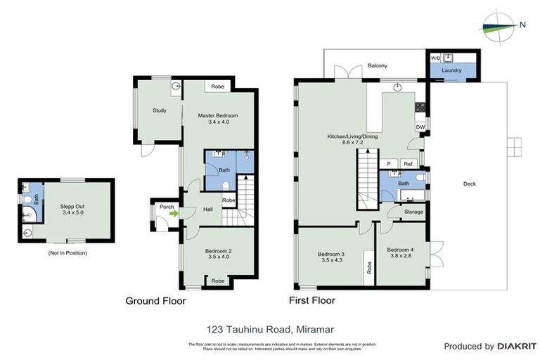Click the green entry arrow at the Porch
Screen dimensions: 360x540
(171, 214)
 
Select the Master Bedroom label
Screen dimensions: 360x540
(218, 115)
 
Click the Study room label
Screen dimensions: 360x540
(160, 110)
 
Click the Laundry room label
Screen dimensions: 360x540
(451, 71)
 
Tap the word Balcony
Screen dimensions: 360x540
(378, 66)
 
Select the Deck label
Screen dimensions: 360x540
(469, 184)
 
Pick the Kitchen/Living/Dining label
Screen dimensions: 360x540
(353, 136)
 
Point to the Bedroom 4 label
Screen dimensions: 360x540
(400, 250)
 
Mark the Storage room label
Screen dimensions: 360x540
(414, 211)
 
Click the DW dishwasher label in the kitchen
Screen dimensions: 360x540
(420, 127)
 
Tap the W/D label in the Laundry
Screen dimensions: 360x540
(435, 58)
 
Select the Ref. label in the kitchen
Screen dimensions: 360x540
(409, 164)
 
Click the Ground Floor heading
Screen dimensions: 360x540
(155, 301)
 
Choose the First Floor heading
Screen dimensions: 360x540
(312, 300)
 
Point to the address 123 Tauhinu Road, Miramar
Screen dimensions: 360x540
(269, 328)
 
